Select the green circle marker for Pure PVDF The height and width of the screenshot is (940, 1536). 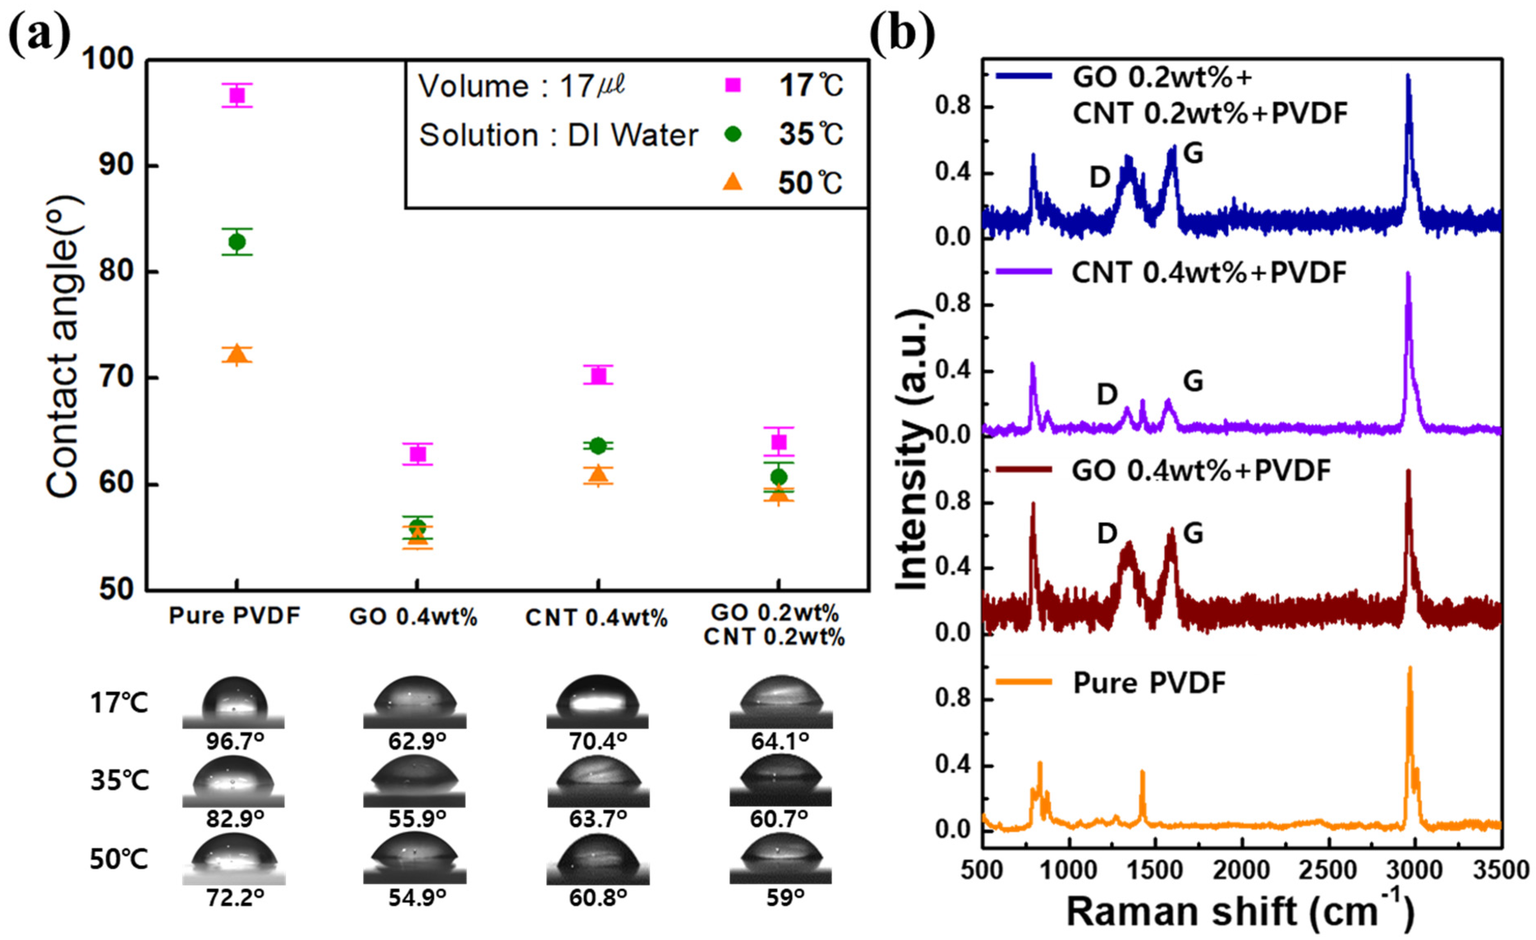coord(237,242)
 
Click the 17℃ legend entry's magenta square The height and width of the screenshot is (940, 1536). coord(734,85)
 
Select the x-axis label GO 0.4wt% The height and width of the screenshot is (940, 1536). coord(413,617)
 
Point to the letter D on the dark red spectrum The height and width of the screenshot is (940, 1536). coord(1107,534)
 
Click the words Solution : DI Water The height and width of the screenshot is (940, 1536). coord(558,135)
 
